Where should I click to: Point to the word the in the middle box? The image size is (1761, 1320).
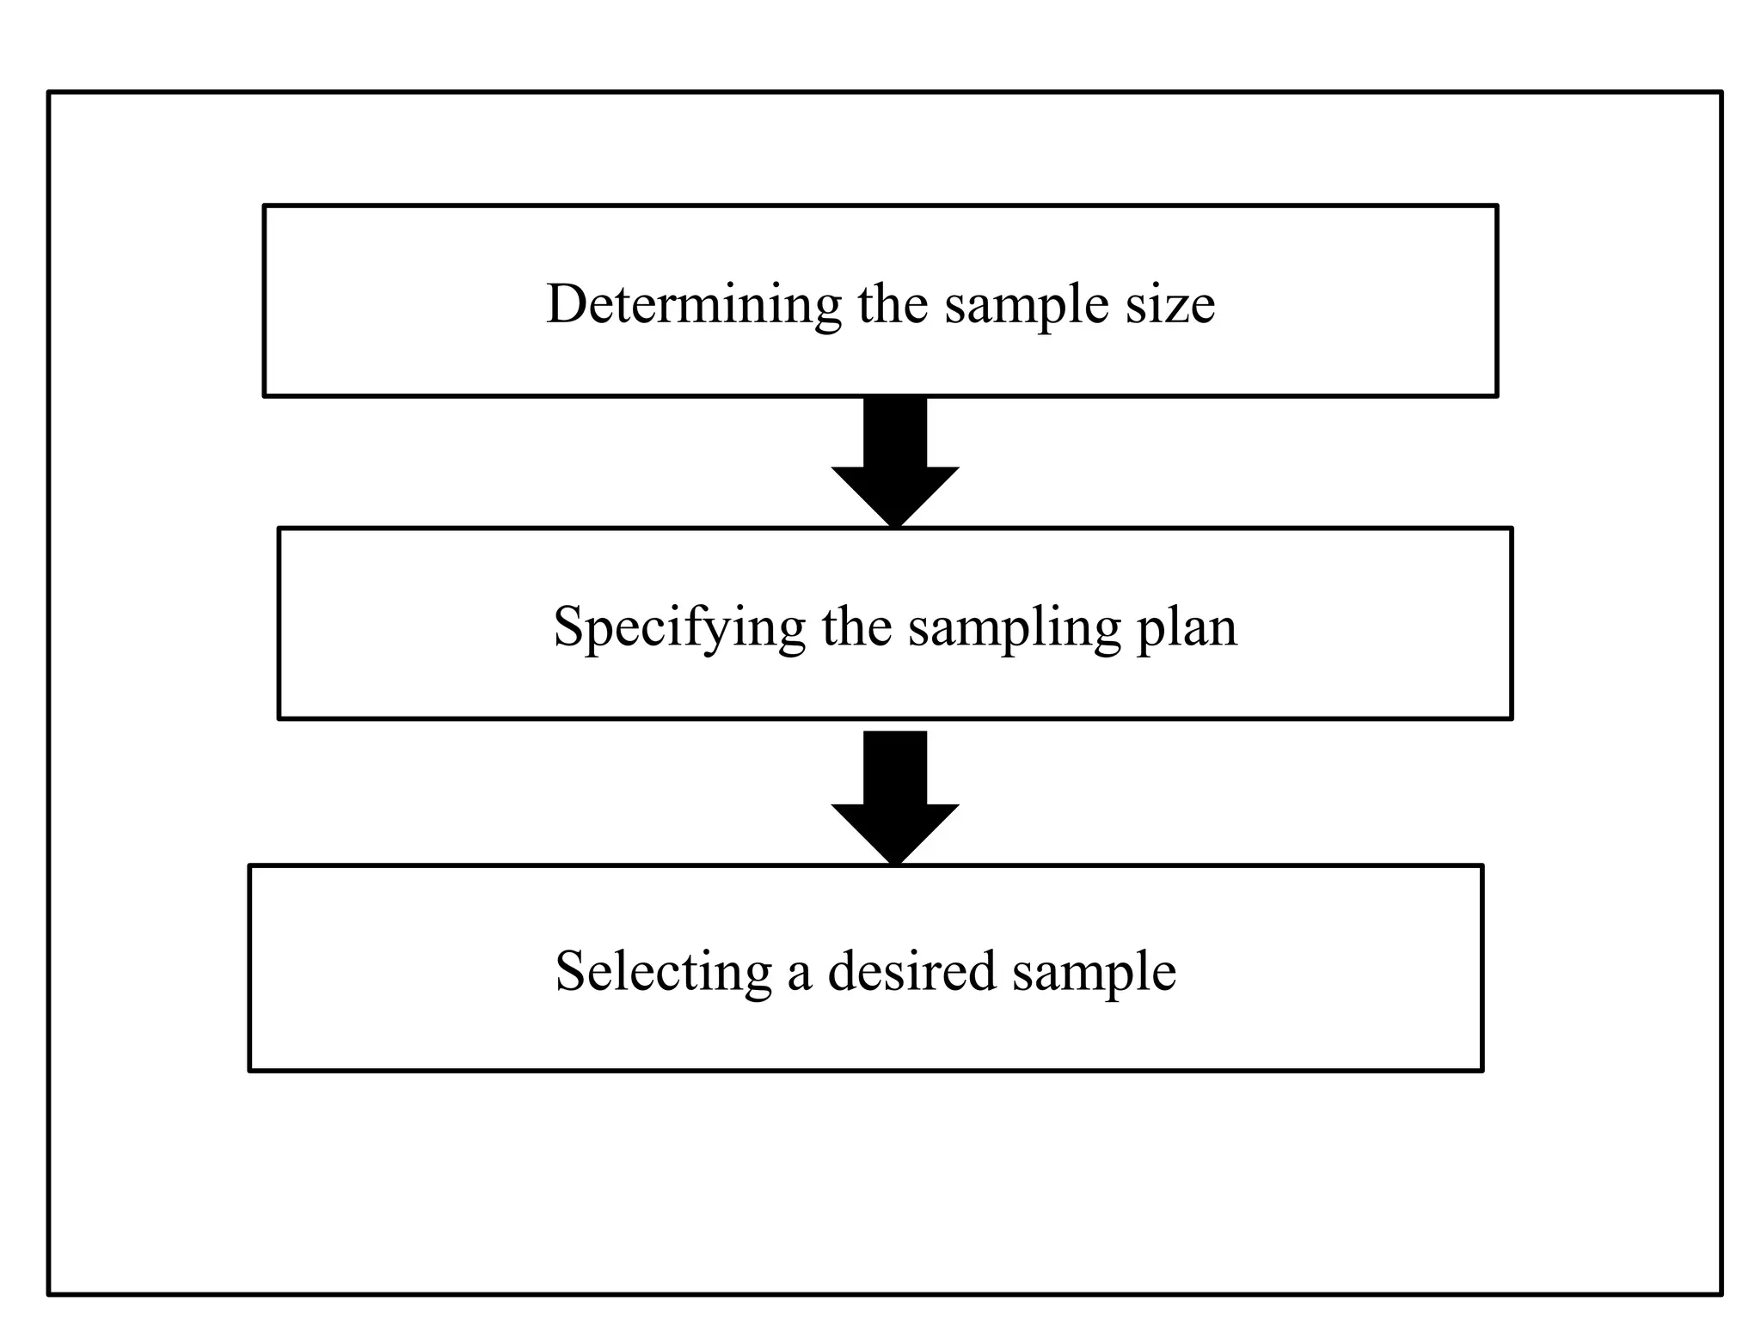coord(856,626)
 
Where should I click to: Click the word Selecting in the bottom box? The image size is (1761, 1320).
coord(663,972)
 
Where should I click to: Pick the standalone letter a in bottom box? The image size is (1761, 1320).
coord(800,975)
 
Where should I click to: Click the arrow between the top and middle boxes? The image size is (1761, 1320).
coord(895,464)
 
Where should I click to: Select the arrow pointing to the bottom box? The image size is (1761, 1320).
coord(895,799)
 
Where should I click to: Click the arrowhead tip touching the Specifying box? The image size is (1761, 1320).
coord(895,521)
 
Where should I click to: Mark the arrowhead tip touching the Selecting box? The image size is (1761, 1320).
coord(895,858)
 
